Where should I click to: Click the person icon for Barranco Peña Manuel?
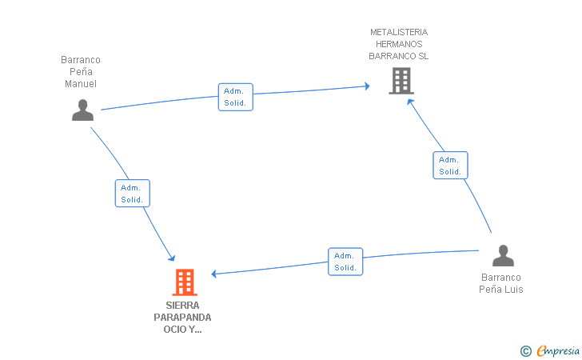[x=82, y=110]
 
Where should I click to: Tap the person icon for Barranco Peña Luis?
[x=503, y=256]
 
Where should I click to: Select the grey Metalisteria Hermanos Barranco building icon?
[x=401, y=81]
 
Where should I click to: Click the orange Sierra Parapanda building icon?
[x=185, y=282]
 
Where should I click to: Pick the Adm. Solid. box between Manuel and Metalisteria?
[x=235, y=97]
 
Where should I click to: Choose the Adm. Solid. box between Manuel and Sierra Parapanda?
[x=133, y=193]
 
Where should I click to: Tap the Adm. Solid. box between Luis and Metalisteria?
[x=450, y=166]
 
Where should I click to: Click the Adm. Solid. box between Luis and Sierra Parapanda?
[x=345, y=262]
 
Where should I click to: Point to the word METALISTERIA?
[x=399, y=32]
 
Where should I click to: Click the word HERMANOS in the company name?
[x=399, y=44]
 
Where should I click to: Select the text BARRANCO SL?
[x=399, y=56]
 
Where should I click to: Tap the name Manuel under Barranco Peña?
[x=81, y=84]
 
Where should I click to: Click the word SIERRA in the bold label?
[x=182, y=306]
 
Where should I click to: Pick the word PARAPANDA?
[x=182, y=318]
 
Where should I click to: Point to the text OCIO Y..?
[x=182, y=329]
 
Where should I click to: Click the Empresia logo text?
[x=558, y=350]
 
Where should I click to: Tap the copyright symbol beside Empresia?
[x=525, y=351]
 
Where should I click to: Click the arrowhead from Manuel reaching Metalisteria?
[x=367, y=86]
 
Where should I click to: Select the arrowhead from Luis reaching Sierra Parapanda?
[x=213, y=274]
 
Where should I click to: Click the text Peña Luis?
[x=500, y=290]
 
